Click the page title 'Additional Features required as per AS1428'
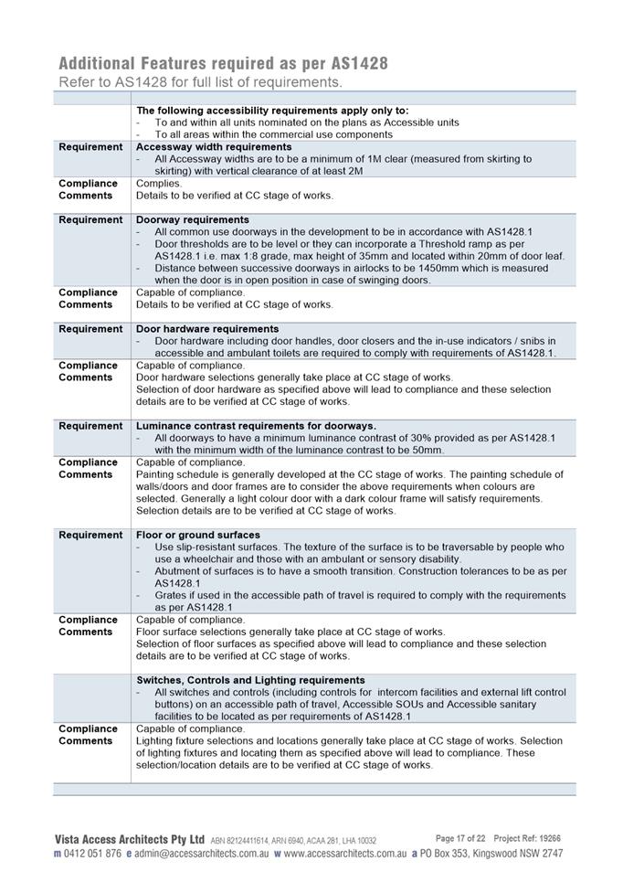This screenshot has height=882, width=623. (223, 63)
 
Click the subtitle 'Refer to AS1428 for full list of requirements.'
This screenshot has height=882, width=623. (201, 82)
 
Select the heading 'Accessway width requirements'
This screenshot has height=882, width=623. (214, 146)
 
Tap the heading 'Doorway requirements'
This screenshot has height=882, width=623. (193, 219)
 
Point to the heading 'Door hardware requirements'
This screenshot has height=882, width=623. (207, 329)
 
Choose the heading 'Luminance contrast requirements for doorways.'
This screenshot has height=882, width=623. (256, 426)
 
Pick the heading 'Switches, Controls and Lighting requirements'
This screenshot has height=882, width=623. (250, 680)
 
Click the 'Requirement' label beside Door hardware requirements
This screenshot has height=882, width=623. (90, 329)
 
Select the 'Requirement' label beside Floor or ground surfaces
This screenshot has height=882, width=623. (90, 535)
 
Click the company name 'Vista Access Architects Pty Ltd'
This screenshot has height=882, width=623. (130, 839)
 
